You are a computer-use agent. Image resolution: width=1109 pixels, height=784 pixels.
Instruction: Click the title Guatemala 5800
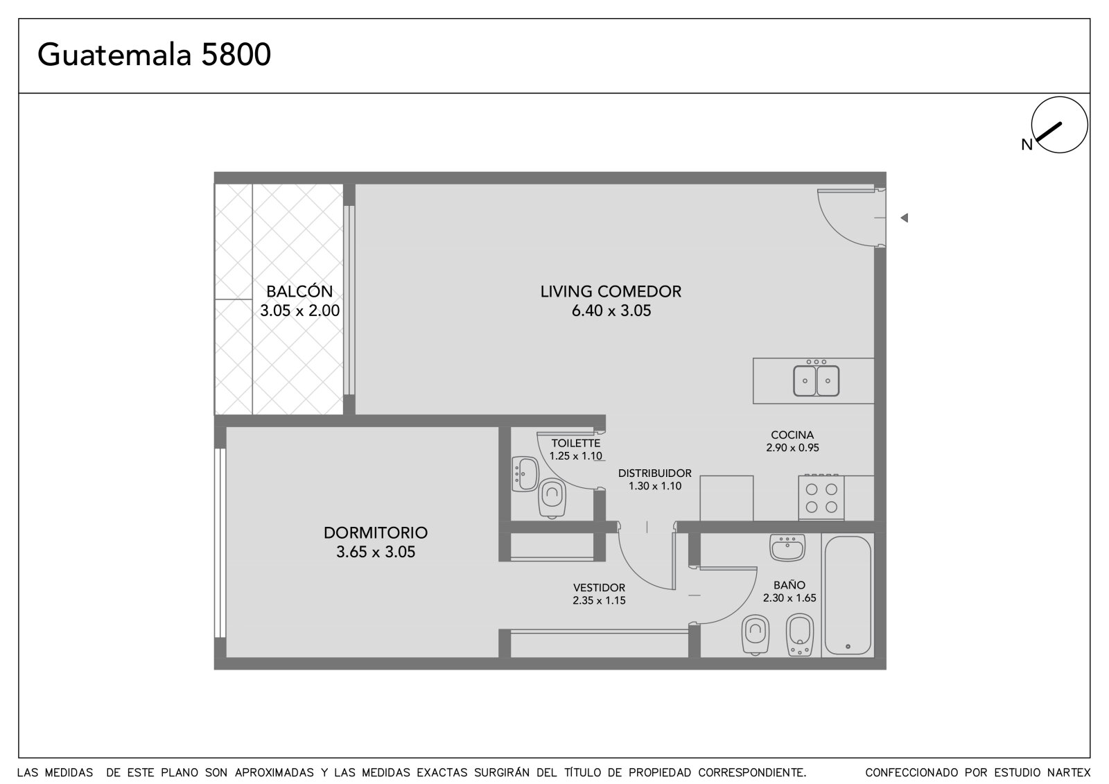click(154, 55)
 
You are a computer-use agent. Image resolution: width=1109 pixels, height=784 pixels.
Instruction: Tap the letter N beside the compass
click(1027, 145)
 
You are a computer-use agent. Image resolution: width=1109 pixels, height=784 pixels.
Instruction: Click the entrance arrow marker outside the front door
click(904, 218)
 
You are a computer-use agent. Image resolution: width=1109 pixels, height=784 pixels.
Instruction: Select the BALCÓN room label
click(299, 291)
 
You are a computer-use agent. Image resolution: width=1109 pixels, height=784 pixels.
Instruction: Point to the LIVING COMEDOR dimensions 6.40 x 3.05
click(611, 311)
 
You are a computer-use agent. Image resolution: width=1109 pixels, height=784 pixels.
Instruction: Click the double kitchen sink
click(816, 381)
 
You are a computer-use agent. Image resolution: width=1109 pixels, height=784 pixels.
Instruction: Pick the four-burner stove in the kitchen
click(821, 497)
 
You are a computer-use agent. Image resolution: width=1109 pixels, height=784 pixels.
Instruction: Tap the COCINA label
click(792, 435)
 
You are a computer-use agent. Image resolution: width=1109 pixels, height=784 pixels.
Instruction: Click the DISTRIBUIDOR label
click(654, 473)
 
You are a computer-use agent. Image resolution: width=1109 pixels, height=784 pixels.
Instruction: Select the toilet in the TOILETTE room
click(552, 498)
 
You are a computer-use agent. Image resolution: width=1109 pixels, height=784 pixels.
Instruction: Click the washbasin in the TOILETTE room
click(525, 474)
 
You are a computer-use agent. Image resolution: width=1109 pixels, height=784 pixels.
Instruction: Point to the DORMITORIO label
click(375, 532)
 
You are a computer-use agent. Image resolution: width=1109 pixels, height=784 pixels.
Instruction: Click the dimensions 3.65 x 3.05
click(376, 552)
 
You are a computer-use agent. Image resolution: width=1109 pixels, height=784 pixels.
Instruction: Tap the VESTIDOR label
click(599, 588)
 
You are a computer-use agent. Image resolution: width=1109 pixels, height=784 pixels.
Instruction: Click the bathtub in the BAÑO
click(848, 595)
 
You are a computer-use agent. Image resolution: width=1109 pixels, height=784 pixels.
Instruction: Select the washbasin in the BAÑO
click(787, 547)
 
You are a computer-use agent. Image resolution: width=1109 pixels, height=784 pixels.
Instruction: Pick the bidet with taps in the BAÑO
click(800, 635)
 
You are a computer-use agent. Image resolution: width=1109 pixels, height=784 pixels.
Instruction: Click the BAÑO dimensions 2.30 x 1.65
click(789, 598)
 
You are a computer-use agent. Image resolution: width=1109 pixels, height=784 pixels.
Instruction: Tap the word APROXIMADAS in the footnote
click(274, 773)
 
